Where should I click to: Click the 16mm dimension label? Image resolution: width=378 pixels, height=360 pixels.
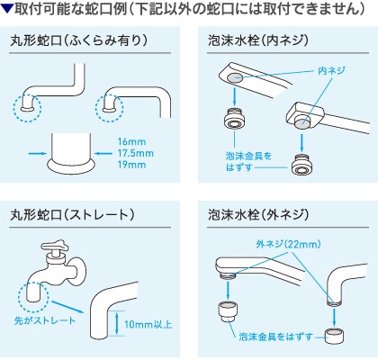[x=131, y=142]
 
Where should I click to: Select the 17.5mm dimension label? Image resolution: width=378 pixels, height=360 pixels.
[x=135, y=153]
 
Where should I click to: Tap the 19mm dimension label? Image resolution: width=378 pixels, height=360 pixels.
[x=131, y=165]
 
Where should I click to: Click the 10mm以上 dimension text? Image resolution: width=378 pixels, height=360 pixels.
[x=148, y=324]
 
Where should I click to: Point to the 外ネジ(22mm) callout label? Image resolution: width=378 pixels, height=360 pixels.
[x=289, y=245]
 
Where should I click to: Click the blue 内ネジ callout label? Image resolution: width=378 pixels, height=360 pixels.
[x=331, y=71]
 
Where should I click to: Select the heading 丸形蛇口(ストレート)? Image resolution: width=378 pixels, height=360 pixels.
[x=72, y=215]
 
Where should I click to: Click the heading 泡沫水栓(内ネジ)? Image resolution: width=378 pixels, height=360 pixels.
[x=258, y=40]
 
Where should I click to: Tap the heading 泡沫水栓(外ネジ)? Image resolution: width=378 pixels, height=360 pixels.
[x=258, y=215]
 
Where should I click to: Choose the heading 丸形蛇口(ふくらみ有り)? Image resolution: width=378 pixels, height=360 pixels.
[x=79, y=40]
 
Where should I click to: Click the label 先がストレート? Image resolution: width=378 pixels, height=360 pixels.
[x=45, y=320]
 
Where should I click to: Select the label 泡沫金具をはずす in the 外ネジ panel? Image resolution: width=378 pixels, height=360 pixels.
[x=276, y=337]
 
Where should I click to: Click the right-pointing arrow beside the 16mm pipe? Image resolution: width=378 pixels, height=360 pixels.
[x=38, y=153]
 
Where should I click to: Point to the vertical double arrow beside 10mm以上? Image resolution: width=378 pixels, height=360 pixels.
[x=117, y=323]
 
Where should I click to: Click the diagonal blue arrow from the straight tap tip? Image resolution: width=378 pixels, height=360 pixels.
[x=67, y=307]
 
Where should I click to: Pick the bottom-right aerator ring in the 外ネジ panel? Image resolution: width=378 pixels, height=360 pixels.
[x=335, y=337]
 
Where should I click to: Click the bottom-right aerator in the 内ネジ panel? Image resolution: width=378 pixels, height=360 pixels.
[x=302, y=164]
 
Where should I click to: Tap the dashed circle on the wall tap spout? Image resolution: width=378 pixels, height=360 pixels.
[x=33, y=296]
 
